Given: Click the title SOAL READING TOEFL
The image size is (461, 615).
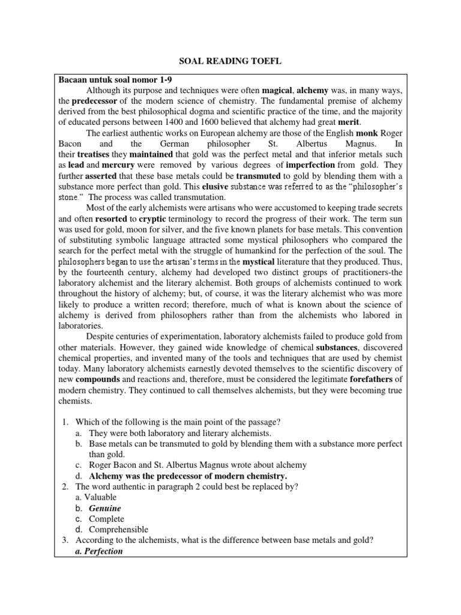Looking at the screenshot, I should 230,61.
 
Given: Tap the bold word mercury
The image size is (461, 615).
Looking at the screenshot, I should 118,165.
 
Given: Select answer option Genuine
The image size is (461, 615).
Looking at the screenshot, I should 105,508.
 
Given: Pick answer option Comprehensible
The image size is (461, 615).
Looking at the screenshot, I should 118,530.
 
